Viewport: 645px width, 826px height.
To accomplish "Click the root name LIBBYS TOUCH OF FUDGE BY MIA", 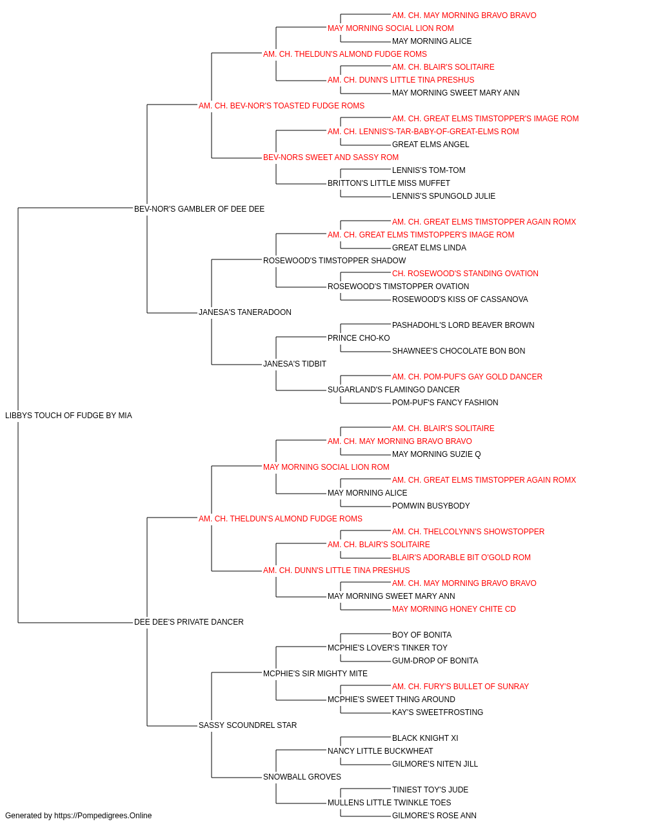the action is tap(68, 416).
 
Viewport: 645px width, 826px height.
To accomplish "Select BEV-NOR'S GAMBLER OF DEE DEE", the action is tap(199, 208).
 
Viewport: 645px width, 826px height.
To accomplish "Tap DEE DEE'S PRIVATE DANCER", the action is tap(189, 622).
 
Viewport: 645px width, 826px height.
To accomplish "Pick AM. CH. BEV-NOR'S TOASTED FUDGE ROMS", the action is tap(281, 106).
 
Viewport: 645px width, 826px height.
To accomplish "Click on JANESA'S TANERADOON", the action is tap(245, 312).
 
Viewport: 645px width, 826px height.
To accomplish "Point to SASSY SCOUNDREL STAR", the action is tap(248, 725).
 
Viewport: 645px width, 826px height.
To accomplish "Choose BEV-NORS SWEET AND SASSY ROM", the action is tap(331, 157).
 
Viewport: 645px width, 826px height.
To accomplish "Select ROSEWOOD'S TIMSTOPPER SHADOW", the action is tap(335, 261).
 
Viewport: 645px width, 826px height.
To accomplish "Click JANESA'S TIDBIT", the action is tap(295, 364).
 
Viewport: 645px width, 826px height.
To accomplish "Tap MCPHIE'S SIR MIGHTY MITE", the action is tap(315, 674).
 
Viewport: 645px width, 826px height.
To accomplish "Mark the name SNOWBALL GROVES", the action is tap(302, 777).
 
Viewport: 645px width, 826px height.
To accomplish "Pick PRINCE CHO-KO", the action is tap(359, 338).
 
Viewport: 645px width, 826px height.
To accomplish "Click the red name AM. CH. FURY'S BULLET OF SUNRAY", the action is tap(461, 687).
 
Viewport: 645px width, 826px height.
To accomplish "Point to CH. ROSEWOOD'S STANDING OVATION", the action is tap(465, 274).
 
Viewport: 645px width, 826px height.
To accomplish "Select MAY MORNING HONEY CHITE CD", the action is tap(454, 609).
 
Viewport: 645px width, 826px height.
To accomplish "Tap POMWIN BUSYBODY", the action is tap(431, 506).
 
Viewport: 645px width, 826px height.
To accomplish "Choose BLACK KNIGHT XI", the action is tap(425, 738).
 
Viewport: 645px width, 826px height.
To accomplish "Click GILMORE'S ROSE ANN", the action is tap(434, 816).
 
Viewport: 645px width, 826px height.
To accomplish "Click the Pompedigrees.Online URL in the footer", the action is tap(103, 816).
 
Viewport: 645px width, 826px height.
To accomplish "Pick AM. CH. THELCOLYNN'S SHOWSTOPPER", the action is tap(468, 532).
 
